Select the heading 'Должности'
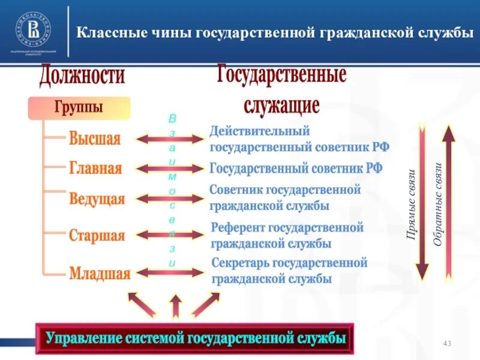click(x=83, y=76)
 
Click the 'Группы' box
click(x=79, y=108)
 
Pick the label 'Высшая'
click(x=95, y=139)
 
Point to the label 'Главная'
click(x=95, y=168)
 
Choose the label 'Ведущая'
click(x=97, y=199)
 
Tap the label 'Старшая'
click(x=97, y=235)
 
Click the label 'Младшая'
click(x=100, y=274)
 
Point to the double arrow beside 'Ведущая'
click(x=170, y=198)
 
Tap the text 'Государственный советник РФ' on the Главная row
click(x=296, y=168)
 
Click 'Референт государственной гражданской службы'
click(x=287, y=236)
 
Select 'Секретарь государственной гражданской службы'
click(x=289, y=271)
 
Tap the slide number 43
click(x=446, y=343)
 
